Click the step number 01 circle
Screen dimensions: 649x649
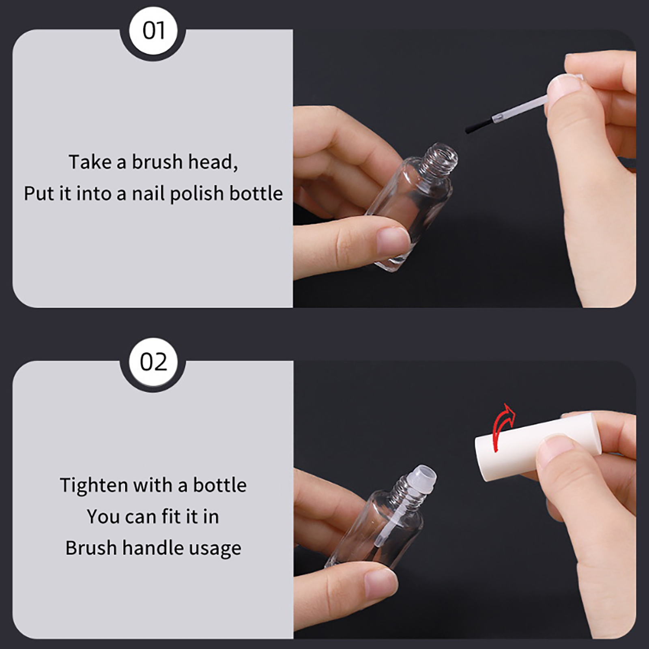pos(153,32)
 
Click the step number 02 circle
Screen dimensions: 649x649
pos(153,362)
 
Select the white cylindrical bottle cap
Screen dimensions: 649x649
pos(535,446)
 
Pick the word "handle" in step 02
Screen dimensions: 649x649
pos(151,548)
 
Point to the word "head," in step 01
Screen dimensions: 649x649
pos(213,162)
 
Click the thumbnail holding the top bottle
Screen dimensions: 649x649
pos(392,241)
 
